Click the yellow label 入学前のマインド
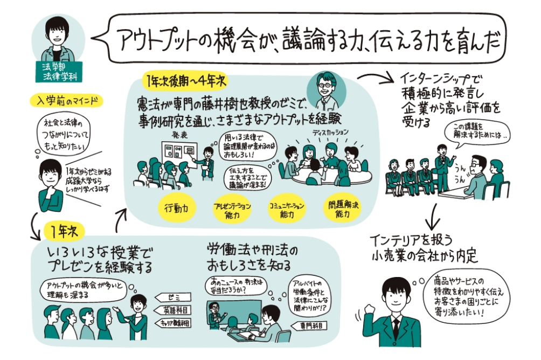tap(62, 101)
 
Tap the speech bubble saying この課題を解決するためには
tap(474, 133)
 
